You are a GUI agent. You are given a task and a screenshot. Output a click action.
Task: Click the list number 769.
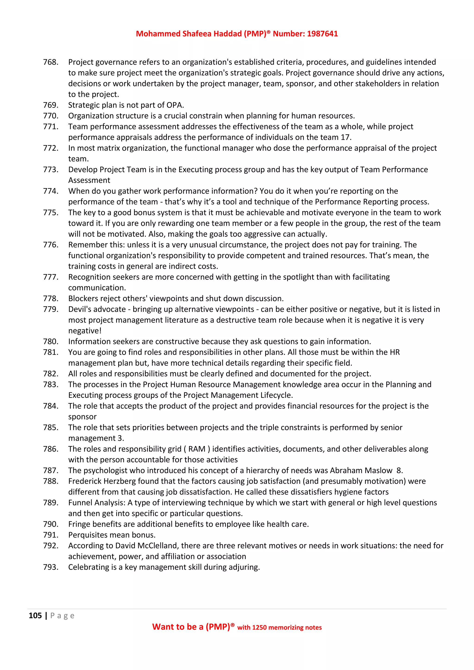point(50,105)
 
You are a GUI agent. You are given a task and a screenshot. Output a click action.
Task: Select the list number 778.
point(50,298)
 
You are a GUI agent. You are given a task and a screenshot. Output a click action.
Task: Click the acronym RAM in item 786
point(197,449)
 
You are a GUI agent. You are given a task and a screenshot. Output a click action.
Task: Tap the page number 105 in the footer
point(35,616)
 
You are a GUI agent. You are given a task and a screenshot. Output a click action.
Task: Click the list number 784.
point(50,406)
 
